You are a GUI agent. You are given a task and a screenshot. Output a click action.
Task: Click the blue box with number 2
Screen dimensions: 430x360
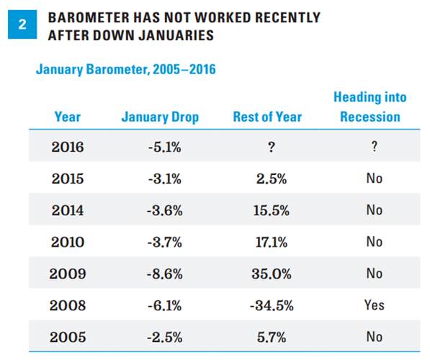point(22,24)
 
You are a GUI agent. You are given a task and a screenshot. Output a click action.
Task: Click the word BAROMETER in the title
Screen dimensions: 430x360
point(89,17)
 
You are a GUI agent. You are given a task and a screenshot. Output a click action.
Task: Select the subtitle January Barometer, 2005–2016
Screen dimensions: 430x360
point(126,69)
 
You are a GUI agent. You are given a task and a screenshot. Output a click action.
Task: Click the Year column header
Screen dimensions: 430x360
point(68,117)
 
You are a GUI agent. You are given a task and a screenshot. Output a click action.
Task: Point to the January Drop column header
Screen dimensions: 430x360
point(160,117)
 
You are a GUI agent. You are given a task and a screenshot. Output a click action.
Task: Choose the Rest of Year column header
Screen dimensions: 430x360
point(267,117)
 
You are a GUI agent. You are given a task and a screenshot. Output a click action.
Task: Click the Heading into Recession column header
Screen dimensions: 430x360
point(370,107)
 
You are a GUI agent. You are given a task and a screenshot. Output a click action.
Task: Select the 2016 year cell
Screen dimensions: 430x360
point(68,147)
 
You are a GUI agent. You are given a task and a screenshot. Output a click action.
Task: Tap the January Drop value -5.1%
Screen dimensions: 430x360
point(164,147)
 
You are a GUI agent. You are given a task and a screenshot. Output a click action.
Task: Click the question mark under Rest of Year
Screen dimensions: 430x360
point(272,147)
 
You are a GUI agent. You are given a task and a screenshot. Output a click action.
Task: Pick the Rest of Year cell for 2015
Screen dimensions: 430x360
point(272,179)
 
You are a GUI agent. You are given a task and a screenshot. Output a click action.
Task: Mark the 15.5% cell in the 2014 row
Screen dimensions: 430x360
point(272,210)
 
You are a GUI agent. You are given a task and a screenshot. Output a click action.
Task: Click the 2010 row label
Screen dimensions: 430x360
point(68,242)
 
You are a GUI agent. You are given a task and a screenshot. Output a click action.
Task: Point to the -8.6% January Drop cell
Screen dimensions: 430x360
point(164,274)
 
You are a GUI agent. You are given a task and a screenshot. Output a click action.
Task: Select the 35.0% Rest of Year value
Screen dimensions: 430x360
point(272,274)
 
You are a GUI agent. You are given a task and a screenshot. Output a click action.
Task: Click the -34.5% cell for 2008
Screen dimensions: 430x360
point(272,305)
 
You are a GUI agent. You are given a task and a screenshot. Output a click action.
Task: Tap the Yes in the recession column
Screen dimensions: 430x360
point(375,305)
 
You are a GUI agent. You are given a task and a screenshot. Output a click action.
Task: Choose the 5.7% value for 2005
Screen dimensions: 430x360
point(272,337)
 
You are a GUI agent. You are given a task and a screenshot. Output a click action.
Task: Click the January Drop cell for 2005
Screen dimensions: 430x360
point(164,337)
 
